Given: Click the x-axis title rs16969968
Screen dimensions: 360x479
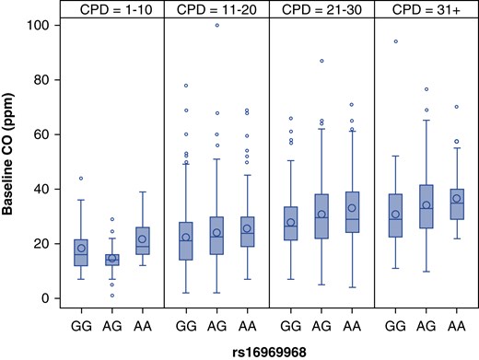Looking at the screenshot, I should coord(268,350).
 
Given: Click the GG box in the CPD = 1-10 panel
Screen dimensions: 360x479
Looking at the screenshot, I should coord(81,252).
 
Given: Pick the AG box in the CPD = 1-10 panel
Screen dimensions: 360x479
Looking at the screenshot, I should coord(111,260).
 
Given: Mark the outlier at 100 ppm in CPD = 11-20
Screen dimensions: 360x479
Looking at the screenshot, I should coord(216,25).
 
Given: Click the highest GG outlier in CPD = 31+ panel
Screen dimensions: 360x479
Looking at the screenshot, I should coord(396,41).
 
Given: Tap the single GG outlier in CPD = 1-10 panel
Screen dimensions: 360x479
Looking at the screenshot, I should coord(81,178).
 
